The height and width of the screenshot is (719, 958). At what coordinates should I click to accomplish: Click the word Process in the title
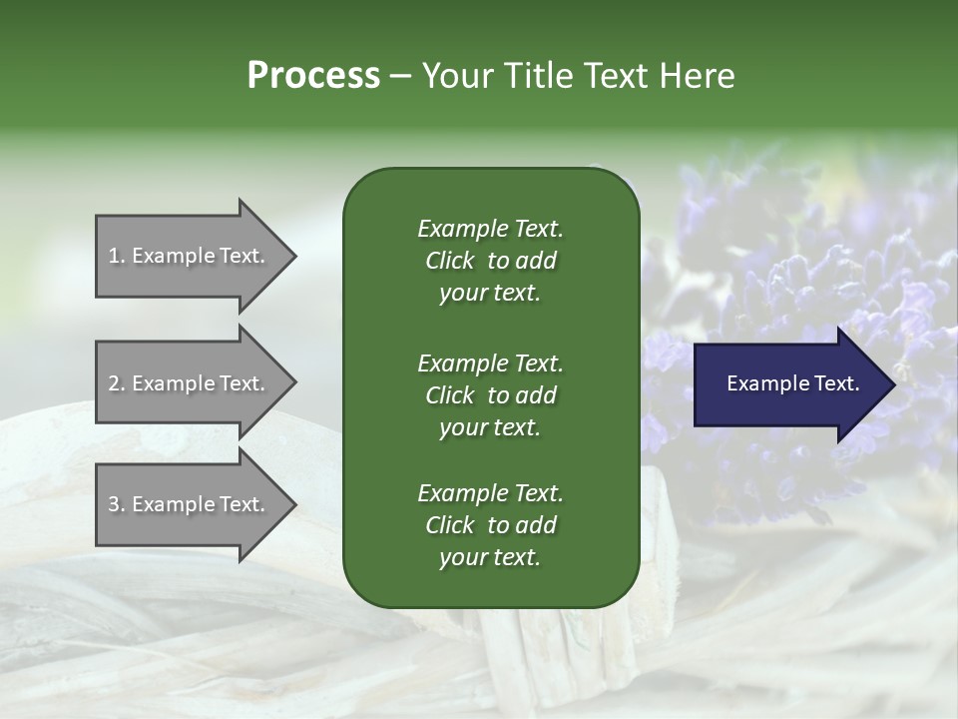tap(313, 76)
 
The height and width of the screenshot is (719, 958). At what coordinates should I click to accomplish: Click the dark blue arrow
tap(778, 384)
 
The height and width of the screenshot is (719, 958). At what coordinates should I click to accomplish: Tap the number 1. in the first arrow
tap(117, 256)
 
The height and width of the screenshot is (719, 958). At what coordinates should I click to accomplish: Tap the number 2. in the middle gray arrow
tap(117, 383)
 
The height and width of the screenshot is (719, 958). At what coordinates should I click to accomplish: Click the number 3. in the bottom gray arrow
tap(117, 504)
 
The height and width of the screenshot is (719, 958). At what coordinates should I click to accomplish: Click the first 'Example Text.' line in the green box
tap(490, 229)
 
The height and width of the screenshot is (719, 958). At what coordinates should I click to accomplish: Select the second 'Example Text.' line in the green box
tap(490, 362)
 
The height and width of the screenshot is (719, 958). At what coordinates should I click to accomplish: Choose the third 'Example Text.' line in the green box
tap(490, 493)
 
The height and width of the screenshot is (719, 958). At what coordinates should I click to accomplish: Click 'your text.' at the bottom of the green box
tap(490, 558)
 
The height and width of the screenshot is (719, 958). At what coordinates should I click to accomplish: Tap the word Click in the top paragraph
tap(449, 261)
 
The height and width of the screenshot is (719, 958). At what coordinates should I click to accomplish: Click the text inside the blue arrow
tap(792, 383)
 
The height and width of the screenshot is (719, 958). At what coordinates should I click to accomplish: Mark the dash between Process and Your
tap(401, 76)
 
